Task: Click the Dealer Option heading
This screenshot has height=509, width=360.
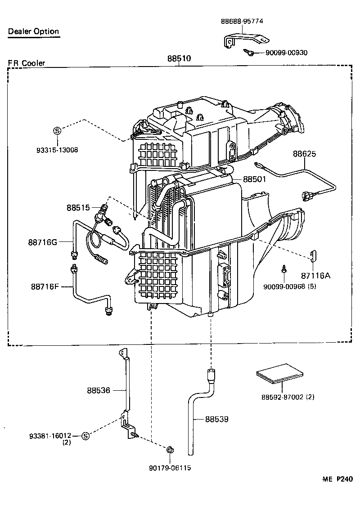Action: tap(33, 31)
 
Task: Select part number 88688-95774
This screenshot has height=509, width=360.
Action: tap(242, 21)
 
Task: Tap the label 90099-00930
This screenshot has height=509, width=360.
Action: tap(286, 53)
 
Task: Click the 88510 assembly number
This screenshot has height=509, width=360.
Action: tap(179, 58)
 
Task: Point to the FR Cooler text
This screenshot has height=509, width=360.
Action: tap(26, 63)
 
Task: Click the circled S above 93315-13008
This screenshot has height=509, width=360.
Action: tap(57, 131)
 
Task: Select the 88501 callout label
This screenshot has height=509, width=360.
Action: tap(255, 179)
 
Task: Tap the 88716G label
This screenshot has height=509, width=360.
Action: tap(42, 242)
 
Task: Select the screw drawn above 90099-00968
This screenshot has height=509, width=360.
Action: tap(284, 268)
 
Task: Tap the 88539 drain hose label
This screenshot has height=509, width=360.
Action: tap(216, 419)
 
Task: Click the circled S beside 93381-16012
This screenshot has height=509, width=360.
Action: tap(86, 436)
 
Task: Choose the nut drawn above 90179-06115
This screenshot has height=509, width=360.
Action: tap(170, 450)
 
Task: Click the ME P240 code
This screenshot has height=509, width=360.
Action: tap(337, 479)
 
